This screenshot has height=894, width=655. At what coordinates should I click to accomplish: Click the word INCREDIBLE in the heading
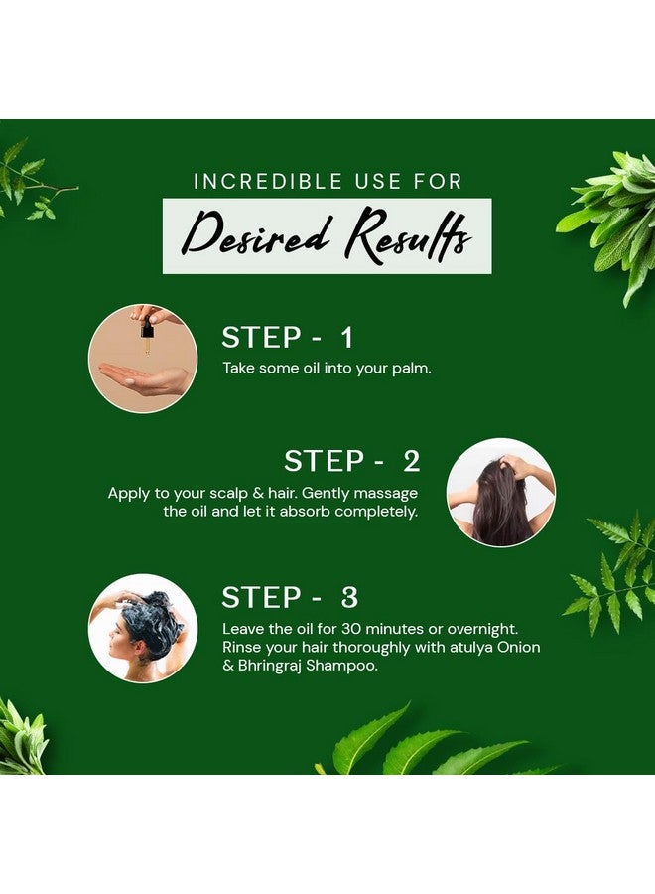[268, 182]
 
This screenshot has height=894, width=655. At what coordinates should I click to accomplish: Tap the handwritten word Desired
[257, 234]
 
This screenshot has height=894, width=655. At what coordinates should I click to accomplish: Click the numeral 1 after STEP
[347, 338]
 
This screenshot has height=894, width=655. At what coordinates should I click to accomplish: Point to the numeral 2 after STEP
[411, 461]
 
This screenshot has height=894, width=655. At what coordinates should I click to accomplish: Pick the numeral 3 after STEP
[349, 597]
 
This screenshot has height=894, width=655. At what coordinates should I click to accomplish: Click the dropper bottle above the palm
[147, 333]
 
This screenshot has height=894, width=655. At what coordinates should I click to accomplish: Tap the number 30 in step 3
[351, 629]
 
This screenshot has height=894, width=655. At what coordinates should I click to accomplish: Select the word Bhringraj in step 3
[270, 666]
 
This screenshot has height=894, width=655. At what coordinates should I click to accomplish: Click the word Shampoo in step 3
[341, 666]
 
